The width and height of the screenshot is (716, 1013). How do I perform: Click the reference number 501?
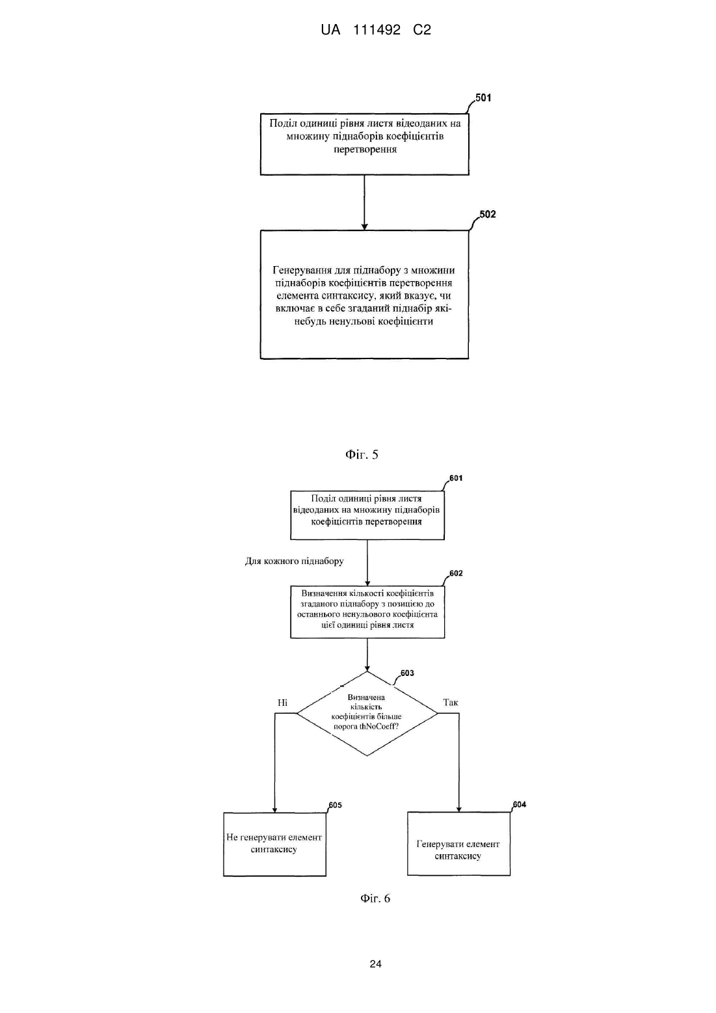point(483,98)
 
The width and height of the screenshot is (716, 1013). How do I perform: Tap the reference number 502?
point(488,214)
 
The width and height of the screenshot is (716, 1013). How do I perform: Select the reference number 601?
point(456,478)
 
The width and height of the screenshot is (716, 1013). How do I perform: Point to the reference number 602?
point(456,573)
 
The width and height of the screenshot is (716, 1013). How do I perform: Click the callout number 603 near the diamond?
point(407,673)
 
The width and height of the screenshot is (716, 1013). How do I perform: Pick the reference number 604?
point(520,805)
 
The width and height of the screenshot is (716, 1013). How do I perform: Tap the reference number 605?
point(336,805)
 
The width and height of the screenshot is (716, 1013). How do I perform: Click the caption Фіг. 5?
point(362,455)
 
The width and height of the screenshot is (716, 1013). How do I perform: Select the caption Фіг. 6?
point(375,898)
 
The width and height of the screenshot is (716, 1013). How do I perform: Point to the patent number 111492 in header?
point(377,30)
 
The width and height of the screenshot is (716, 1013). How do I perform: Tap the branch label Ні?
point(282,702)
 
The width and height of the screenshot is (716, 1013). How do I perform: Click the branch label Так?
point(451,702)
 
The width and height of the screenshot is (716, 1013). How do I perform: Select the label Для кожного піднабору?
point(294,561)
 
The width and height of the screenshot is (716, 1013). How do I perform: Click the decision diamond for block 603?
point(367,714)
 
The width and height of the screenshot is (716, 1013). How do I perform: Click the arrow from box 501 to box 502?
point(364,202)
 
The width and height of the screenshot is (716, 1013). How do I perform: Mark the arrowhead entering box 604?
point(459,809)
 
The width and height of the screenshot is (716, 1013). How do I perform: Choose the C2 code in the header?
point(422,30)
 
